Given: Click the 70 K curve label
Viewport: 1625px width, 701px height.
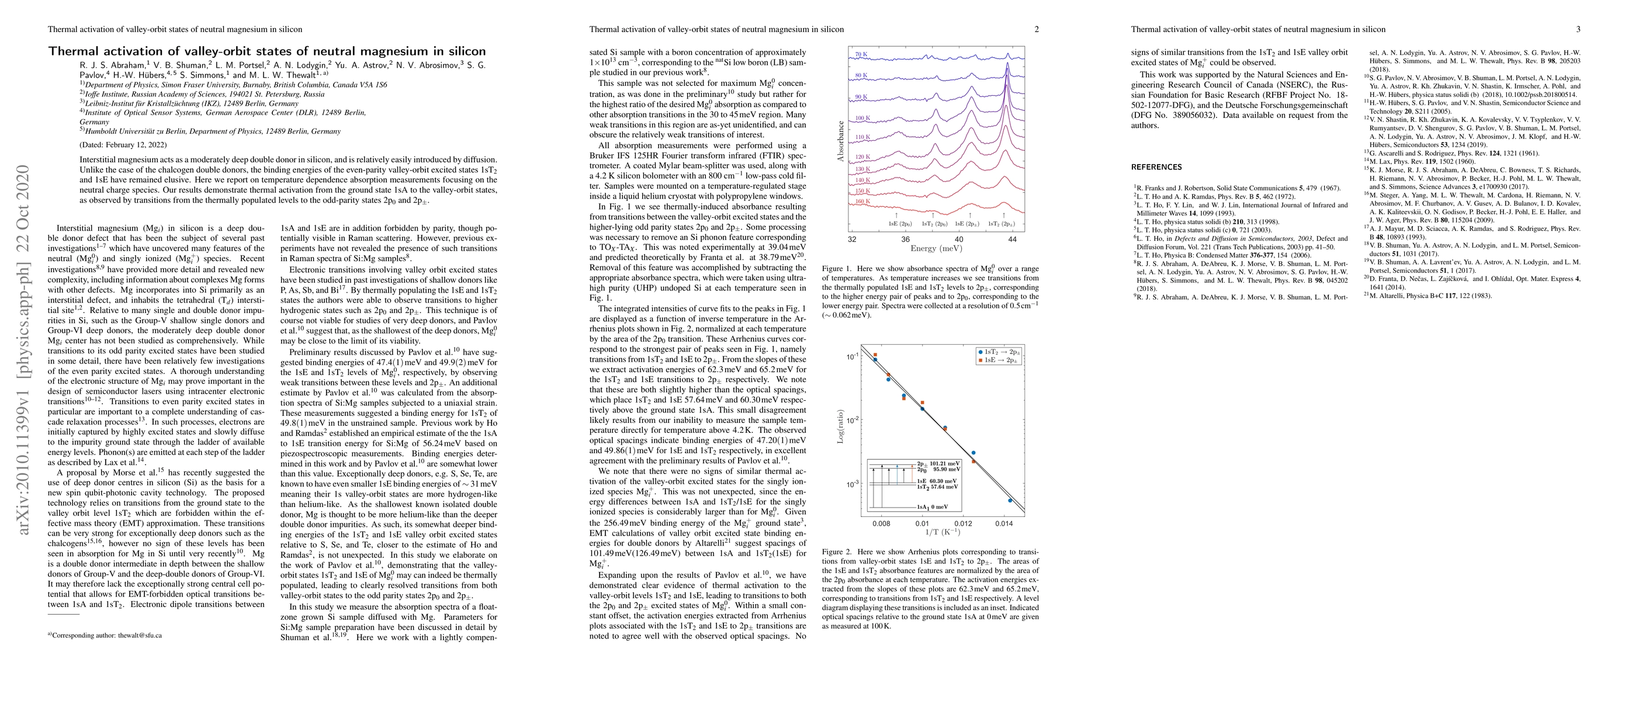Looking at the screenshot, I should [861, 55].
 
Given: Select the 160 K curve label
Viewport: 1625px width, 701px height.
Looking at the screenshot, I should [862, 202].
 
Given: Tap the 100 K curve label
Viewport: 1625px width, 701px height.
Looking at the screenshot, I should [862, 119].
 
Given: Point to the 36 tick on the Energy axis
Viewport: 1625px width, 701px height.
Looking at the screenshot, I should [905, 240].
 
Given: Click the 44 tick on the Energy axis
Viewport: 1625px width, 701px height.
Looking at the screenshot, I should [1012, 240].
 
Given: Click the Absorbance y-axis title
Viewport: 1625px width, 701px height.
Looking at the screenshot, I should [840, 141].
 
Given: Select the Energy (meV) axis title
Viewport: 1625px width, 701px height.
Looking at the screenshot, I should [932, 248].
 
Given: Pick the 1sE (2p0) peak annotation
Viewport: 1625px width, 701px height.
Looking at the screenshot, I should [899, 224].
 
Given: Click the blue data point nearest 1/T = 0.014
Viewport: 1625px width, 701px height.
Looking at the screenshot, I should [1010, 501].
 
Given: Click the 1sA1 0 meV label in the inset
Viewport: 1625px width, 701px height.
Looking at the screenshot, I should [933, 507].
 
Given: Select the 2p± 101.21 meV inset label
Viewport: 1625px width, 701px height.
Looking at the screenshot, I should [938, 464].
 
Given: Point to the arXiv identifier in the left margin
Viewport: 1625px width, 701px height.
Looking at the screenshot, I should [24, 350].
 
